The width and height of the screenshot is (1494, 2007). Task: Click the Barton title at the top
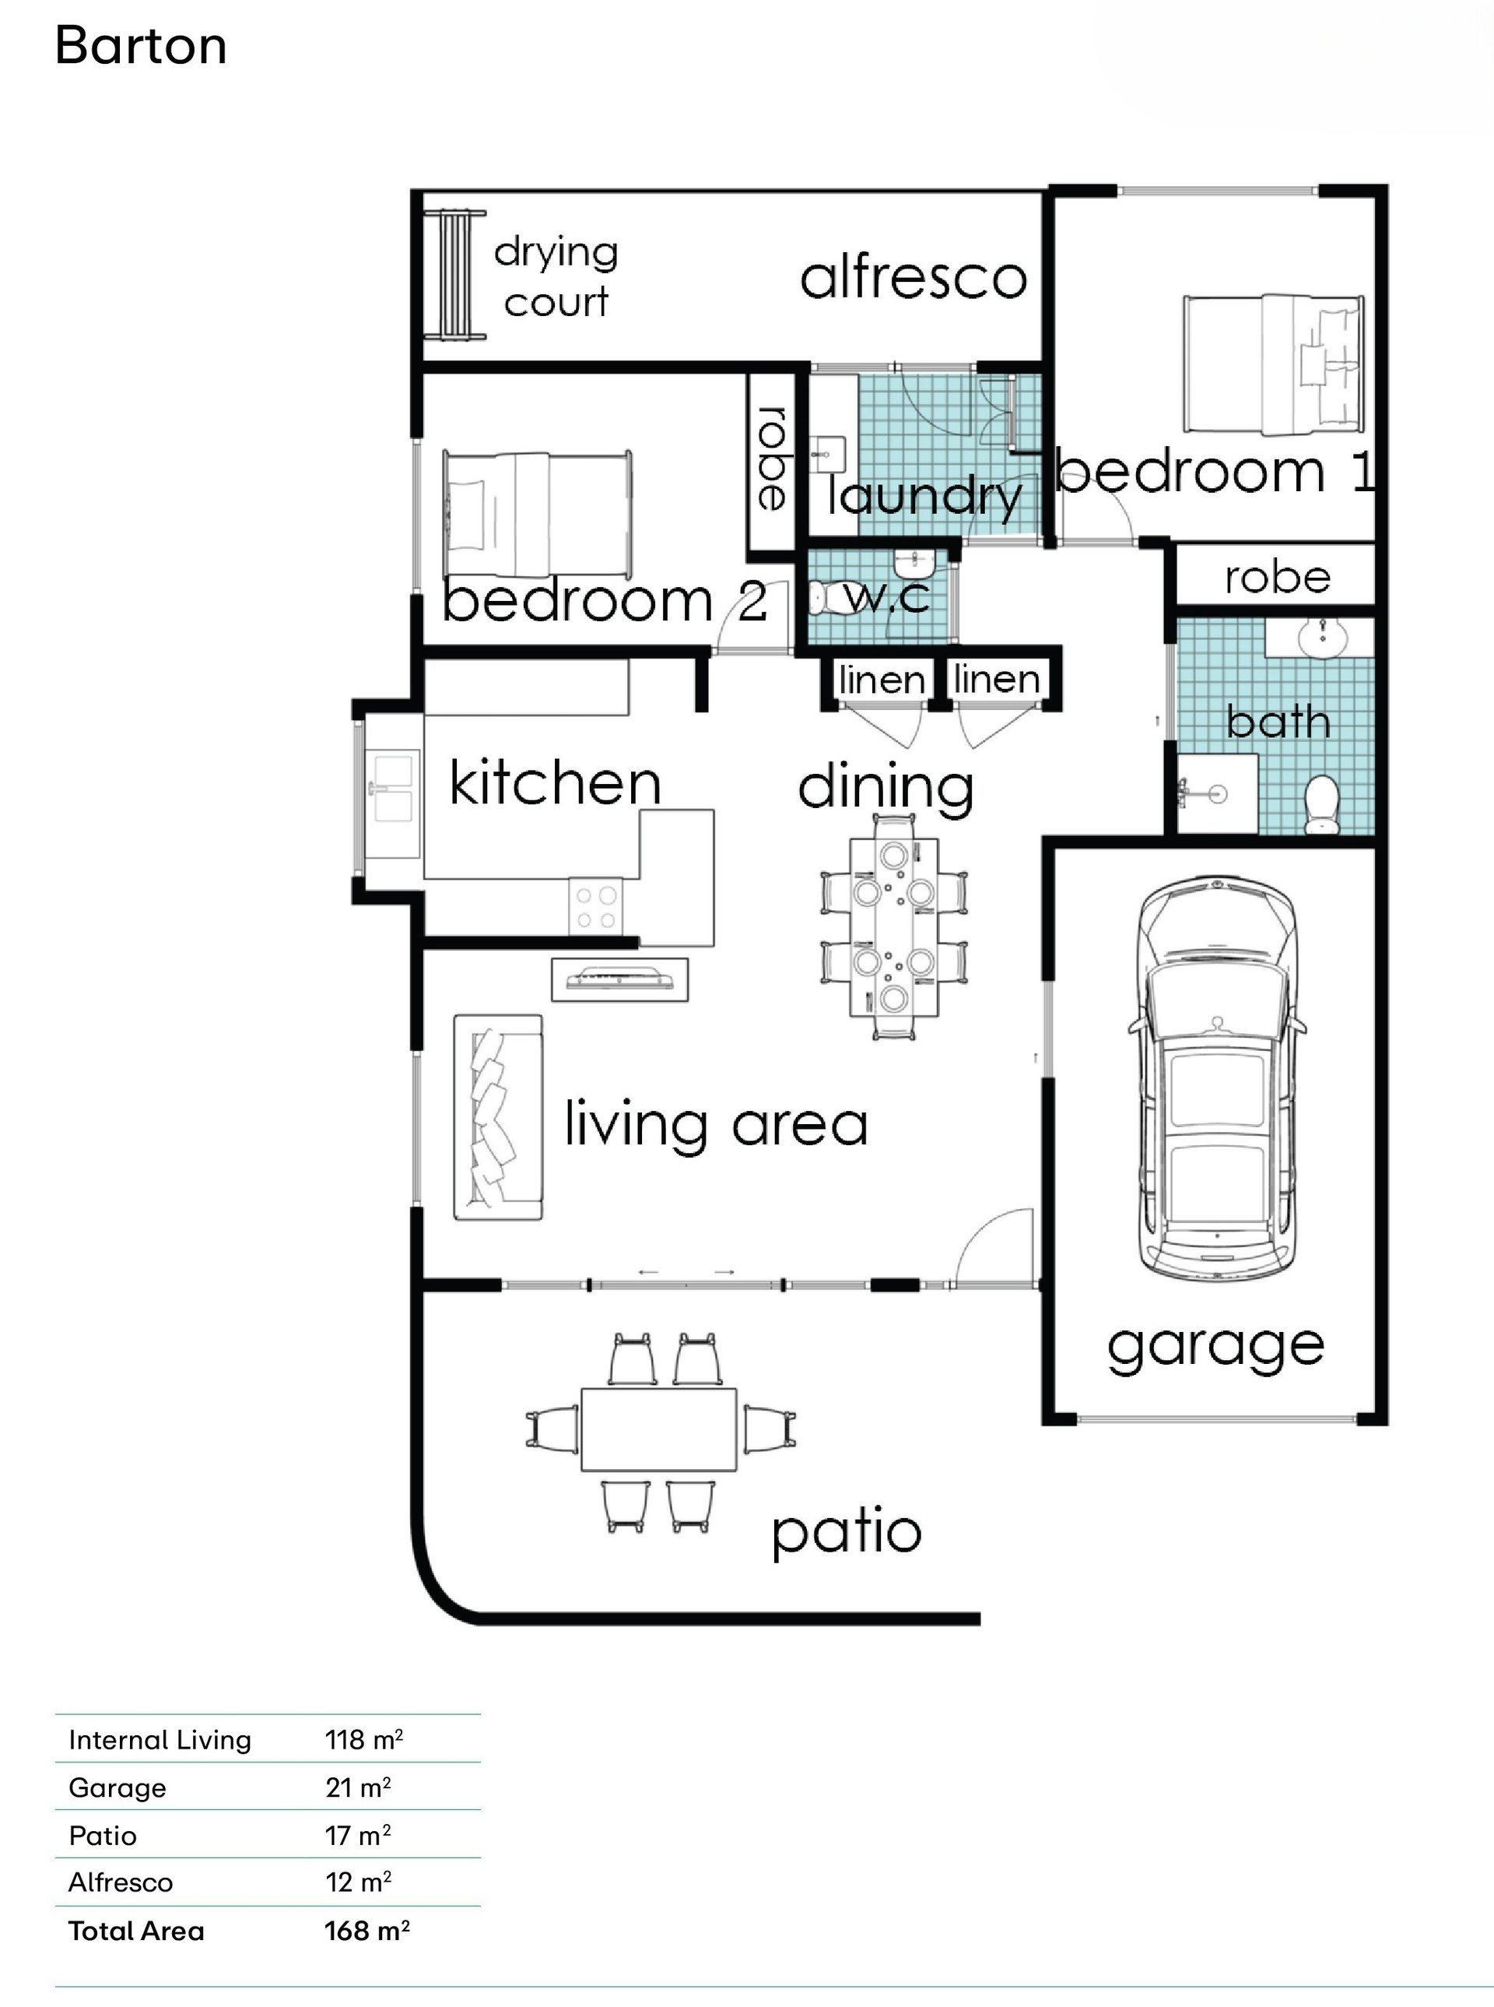tap(140, 45)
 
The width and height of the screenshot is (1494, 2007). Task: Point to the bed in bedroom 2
tap(537, 514)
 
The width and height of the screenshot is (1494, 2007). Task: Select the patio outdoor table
tap(658, 1429)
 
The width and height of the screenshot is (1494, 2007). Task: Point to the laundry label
tap(924, 497)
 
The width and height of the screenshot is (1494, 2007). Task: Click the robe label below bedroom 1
tap(1277, 578)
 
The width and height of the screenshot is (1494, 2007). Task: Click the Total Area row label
tap(136, 1930)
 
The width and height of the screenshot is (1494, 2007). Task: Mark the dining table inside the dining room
tap(893, 927)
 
